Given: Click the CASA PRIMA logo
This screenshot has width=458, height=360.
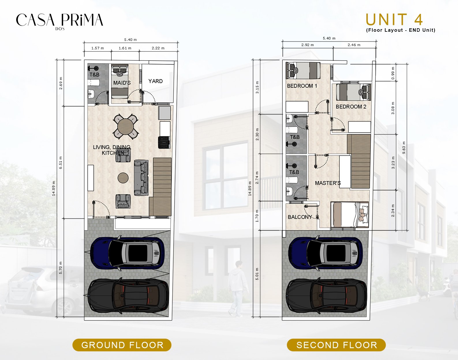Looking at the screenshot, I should [59, 21].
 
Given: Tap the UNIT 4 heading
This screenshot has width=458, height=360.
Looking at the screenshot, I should [394, 20].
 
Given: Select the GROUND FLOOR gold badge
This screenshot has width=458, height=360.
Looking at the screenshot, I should [122, 345].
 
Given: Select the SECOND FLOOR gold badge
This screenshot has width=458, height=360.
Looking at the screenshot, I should [337, 345].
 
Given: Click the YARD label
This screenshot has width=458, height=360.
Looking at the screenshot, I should [156, 81].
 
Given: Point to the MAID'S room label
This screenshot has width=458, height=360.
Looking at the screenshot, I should [122, 83].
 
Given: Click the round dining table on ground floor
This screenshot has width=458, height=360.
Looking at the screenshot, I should [126, 126].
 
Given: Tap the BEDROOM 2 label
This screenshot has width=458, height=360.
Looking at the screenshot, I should [351, 107].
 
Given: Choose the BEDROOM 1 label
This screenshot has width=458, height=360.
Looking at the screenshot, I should [302, 86].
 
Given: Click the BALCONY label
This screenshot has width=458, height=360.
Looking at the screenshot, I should [300, 217].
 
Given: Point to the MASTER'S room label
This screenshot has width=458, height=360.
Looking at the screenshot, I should [328, 183].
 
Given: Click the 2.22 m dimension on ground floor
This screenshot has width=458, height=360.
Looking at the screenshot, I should [158, 48].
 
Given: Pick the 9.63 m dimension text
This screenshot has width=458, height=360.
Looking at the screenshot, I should [404, 147].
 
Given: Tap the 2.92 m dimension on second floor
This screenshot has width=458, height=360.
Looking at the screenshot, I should [308, 45].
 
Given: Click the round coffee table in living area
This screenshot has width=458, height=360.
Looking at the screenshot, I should [123, 177].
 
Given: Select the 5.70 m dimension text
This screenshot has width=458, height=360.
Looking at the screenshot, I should [61, 268].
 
